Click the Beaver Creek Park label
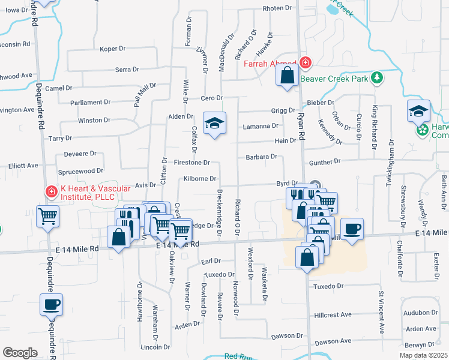(x=333, y=78)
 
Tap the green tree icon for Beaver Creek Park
(x=377, y=77)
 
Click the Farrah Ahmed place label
(x=270, y=63)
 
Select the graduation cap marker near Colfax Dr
(x=214, y=123)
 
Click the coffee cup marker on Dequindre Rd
(x=52, y=304)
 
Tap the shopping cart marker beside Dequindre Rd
(x=47, y=216)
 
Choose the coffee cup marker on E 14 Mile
(x=352, y=228)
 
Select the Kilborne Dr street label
(x=200, y=179)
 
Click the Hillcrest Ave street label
(x=333, y=314)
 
